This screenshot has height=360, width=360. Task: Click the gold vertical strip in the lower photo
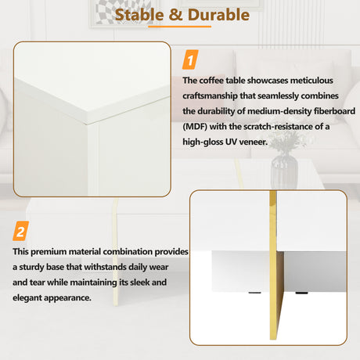coord(274,266)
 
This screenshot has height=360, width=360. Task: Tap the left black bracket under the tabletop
coord(254,295)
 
